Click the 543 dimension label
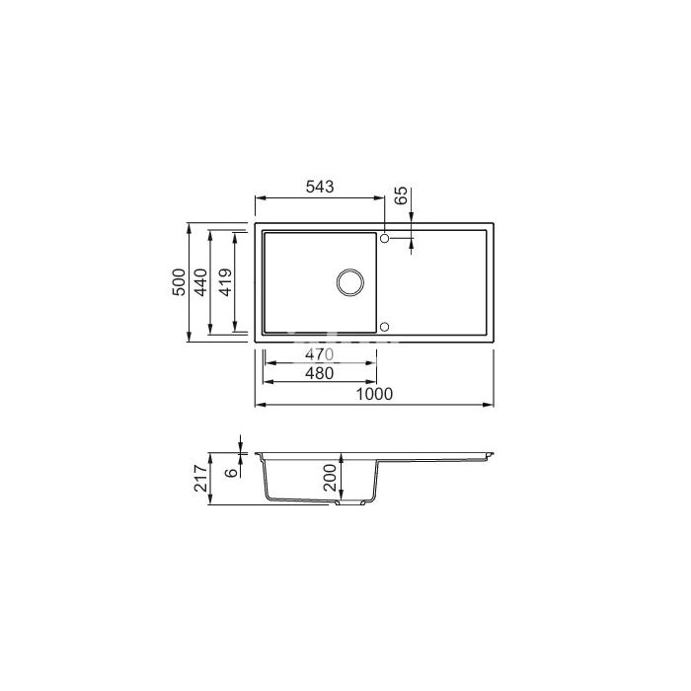point(320,187)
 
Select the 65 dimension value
point(401,195)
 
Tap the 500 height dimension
point(179,282)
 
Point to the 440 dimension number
point(201,282)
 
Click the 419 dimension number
point(225,282)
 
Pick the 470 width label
point(319,353)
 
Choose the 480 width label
point(319,373)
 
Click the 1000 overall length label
point(374,394)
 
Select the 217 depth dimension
point(201,478)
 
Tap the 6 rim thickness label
point(231,473)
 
